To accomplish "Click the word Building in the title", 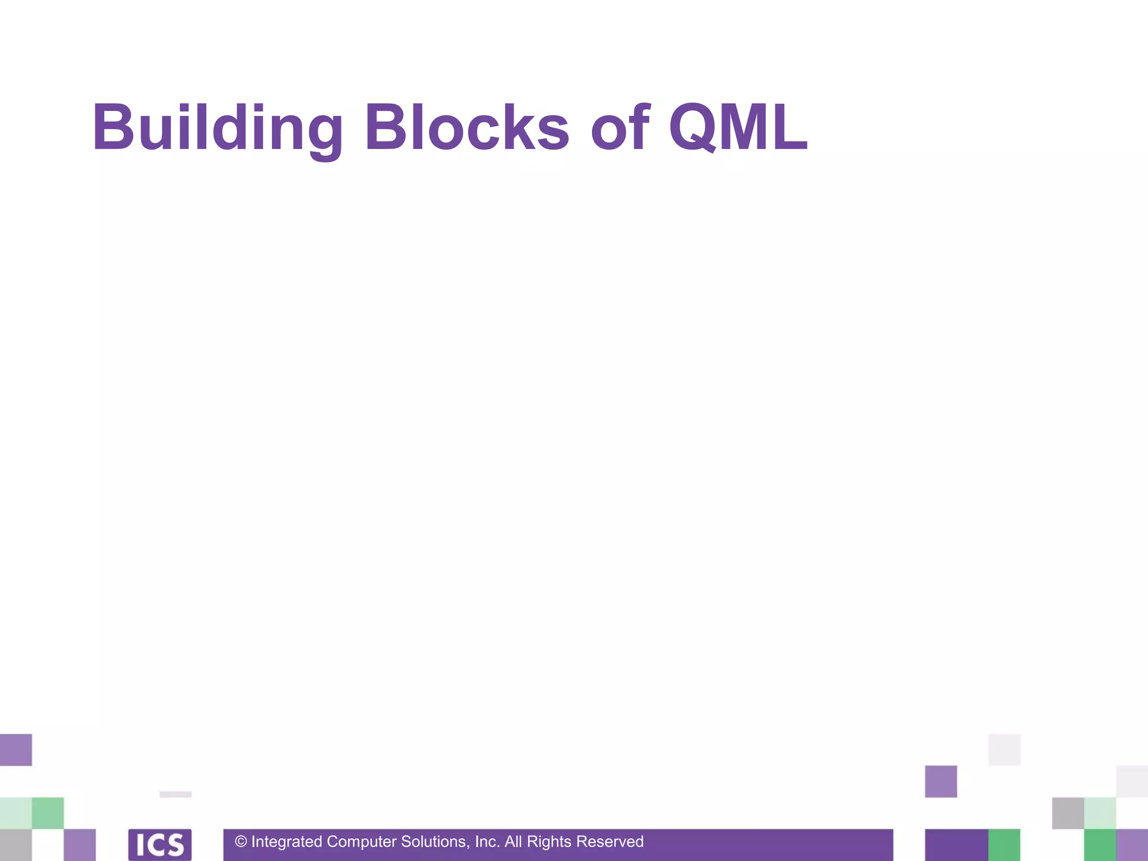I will (217, 128).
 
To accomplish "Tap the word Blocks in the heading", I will (467, 128).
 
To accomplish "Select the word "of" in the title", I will (620, 128).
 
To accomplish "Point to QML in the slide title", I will (738, 128).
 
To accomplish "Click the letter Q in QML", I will (693, 128).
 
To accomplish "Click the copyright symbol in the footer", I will (241, 842).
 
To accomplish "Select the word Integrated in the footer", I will (286, 842).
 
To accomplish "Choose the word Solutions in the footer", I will (435, 842).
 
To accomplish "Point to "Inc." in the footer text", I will (487, 842).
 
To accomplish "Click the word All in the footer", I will (513, 842).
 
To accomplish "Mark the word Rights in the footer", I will (549, 842).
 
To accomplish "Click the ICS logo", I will (160, 845).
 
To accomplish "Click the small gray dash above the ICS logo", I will (175, 794).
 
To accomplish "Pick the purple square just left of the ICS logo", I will (80, 845).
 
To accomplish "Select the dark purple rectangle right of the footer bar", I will (956, 845).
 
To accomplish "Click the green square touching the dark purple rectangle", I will (1004, 845).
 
